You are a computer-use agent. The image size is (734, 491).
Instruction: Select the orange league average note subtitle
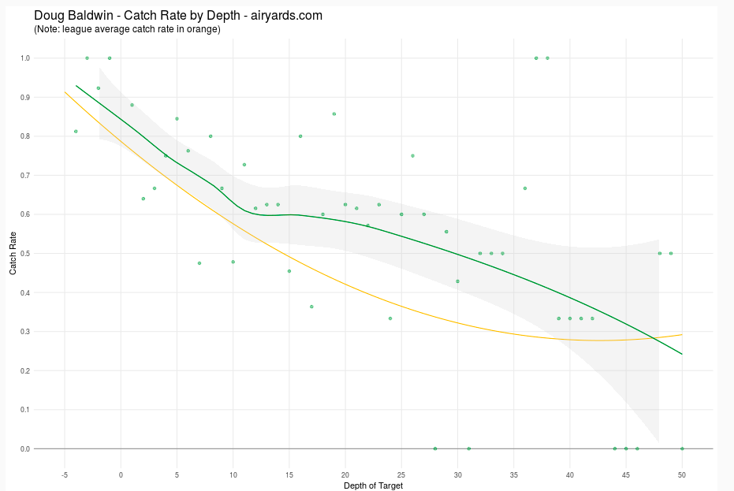click(x=127, y=30)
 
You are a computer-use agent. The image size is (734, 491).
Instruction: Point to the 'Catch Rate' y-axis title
click(x=13, y=253)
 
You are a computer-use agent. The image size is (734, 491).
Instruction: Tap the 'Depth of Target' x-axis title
click(x=373, y=485)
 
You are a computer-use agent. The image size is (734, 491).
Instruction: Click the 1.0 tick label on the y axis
click(x=26, y=58)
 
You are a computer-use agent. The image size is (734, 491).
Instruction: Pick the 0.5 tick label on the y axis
click(x=26, y=254)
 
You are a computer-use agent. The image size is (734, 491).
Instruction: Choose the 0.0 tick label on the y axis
click(x=26, y=449)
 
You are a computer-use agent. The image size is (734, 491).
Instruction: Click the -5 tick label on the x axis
click(x=65, y=474)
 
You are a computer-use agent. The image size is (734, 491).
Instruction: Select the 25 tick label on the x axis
click(x=401, y=474)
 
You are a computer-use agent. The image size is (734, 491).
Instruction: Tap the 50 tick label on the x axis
click(x=682, y=474)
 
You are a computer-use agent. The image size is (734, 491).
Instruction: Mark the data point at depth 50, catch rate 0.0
click(x=682, y=448)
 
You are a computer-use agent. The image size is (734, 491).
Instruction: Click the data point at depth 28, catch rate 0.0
click(x=435, y=448)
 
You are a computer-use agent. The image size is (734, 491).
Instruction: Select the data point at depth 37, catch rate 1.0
click(x=536, y=58)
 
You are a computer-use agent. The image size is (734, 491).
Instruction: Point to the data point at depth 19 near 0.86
click(x=334, y=113)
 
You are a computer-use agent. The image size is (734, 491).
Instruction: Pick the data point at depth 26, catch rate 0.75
click(x=412, y=156)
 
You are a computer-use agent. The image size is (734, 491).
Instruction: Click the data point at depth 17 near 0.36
click(x=311, y=307)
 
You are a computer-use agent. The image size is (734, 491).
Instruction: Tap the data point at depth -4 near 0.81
click(x=76, y=132)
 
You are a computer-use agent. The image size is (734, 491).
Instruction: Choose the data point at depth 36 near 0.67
click(x=525, y=188)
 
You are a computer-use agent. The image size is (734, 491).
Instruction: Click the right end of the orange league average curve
click(x=682, y=335)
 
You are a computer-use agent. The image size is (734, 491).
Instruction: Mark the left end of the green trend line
click(x=76, y=86)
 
